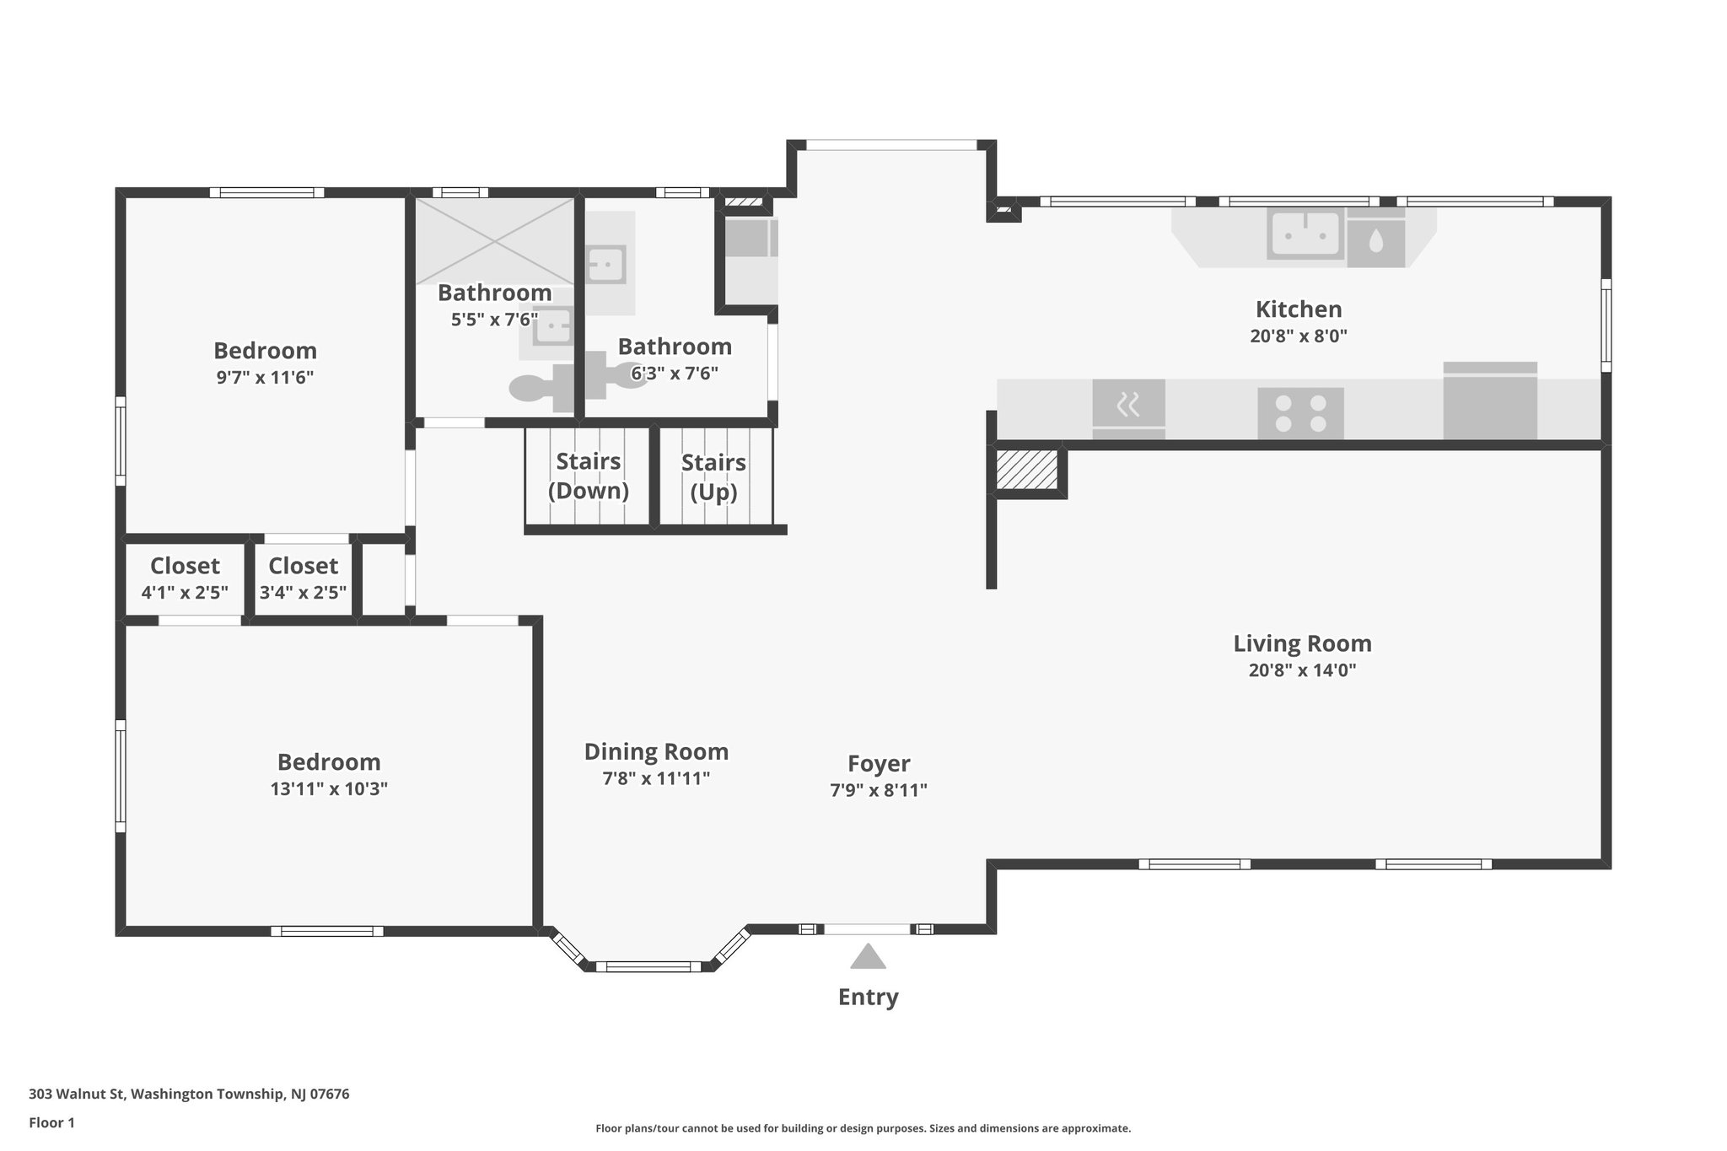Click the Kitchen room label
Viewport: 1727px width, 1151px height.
[1298, 309]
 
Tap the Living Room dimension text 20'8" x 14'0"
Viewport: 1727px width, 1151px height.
[1301, 670]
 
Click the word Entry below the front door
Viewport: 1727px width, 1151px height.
[868, 997]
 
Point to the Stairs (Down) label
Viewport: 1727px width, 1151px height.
[588, 476]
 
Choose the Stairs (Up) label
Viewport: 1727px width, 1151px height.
[713, 477]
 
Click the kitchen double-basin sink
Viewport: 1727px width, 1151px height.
[1304, 234]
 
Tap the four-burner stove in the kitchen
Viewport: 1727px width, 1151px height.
[1300, 413]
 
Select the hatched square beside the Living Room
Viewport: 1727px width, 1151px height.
[1026, 470]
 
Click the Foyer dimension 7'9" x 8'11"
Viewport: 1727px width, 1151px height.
[878, 790]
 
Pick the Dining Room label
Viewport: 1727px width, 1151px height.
[656, 751]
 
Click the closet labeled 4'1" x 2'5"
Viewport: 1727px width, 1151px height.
[185, 578]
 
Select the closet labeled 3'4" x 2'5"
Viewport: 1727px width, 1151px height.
[303, 578]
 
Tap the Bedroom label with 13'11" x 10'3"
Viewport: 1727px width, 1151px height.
[329, 761]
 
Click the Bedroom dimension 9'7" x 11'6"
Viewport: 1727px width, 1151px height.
[265, 377]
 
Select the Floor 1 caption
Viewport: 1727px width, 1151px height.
[51, 1122]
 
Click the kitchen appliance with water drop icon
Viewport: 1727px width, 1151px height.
[1375, 242]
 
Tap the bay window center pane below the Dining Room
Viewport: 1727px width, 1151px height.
[648, 966]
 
